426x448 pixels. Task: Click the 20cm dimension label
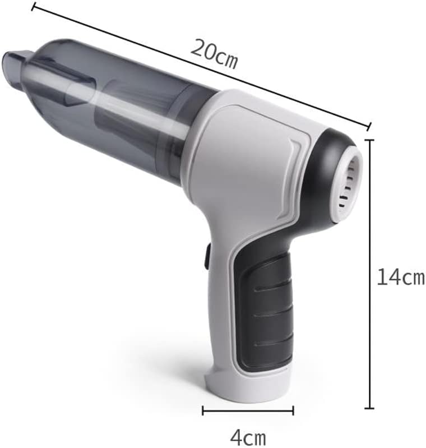tap(214, 54)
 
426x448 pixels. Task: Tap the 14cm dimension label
tap(401, 276)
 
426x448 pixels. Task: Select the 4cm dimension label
tap(248, 437)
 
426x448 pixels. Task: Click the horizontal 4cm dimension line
tap(248, 410)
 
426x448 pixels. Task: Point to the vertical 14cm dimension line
tap(370, 274)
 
